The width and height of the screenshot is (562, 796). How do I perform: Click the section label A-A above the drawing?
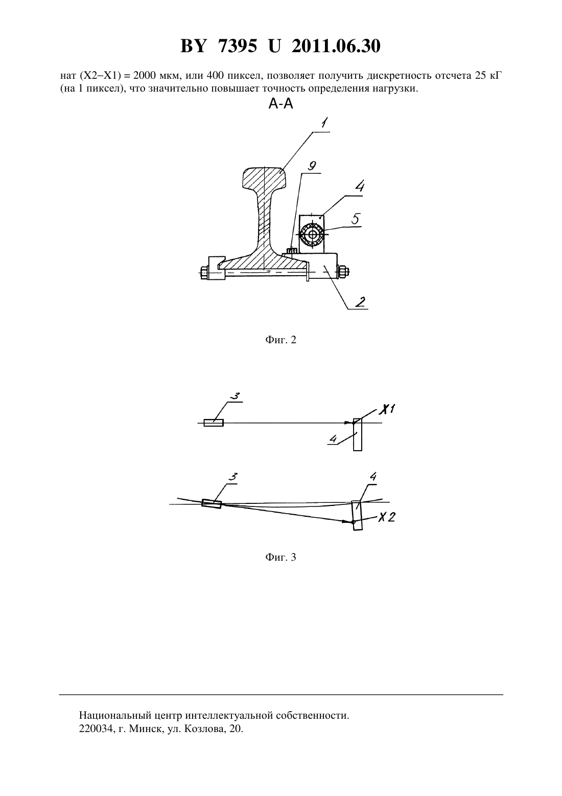click(280, 104)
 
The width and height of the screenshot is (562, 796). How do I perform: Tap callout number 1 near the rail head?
click(324, 123)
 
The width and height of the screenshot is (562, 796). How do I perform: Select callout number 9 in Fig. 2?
click(312, 166)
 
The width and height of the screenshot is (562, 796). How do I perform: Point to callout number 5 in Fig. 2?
click(356, 219)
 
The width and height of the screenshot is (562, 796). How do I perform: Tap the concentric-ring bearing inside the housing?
click(312, 234)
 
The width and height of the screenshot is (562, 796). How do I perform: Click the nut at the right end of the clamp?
click(343, 272)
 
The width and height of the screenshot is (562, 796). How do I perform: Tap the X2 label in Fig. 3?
click(386, 517)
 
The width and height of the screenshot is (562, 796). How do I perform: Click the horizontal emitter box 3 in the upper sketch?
click(214, 423)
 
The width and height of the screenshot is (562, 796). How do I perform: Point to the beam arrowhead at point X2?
click(346, 521)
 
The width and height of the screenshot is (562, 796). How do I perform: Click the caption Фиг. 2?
click(280, 340)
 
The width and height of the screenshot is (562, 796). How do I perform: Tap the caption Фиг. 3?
click(280, 557)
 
